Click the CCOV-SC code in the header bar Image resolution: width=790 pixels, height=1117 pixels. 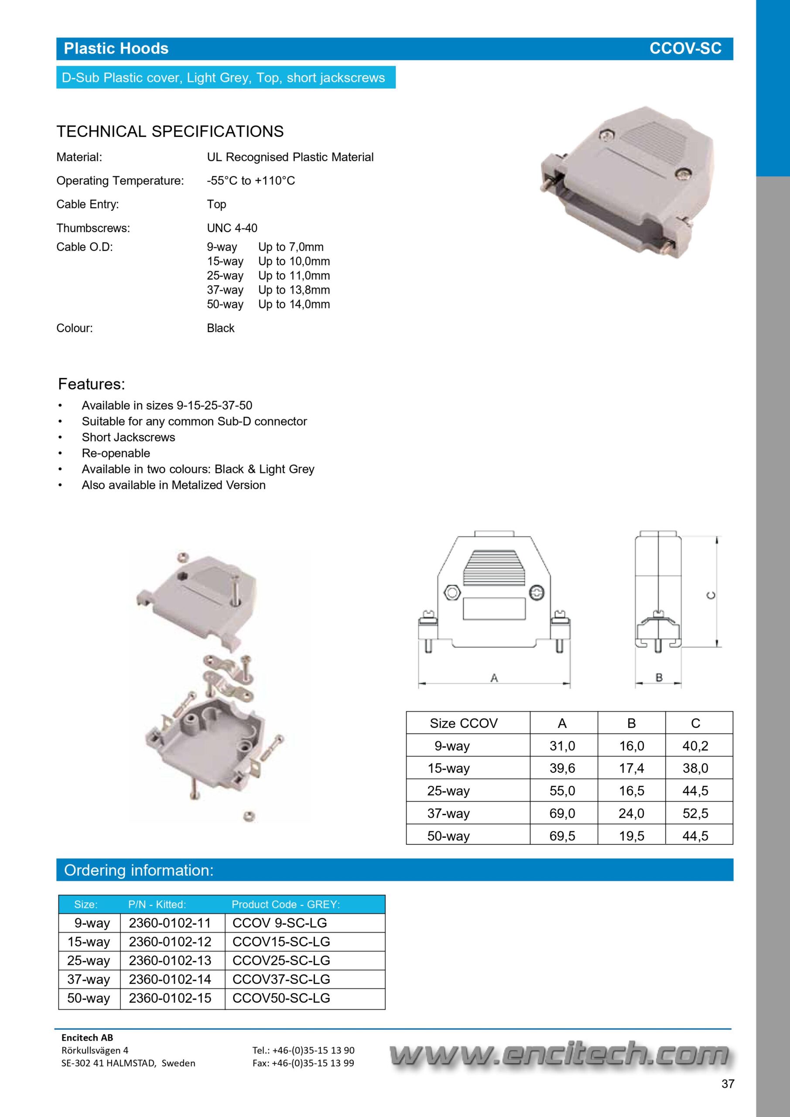point(685,48)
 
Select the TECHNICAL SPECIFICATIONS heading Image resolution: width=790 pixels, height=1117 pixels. point(170,131)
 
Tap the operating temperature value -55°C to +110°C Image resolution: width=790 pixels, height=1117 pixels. point(250,181)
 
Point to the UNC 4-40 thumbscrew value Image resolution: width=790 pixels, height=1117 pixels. point(232,228)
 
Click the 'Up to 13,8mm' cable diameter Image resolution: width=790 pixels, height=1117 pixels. point(294,290)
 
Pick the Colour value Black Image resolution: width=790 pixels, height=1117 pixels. point(220,329)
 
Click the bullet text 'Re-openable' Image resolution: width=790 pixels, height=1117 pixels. point(116,453)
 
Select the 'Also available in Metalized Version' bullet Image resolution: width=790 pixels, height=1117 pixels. point(173,485)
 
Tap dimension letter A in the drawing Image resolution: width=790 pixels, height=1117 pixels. point(494,678)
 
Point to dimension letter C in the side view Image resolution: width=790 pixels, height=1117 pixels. point(711,596)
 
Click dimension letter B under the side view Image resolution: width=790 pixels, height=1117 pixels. point(659,677)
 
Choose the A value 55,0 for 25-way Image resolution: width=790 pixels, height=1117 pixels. point(562,791)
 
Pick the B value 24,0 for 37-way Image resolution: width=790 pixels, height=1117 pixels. point(631,813)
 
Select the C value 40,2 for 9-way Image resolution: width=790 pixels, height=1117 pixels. point(695,746)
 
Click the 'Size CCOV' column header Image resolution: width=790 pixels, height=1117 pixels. point(464,723)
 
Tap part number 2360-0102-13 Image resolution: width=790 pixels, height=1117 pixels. point(170,960)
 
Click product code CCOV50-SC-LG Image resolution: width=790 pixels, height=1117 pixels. point(281,998)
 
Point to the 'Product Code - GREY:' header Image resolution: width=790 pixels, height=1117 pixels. point(286,905)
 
